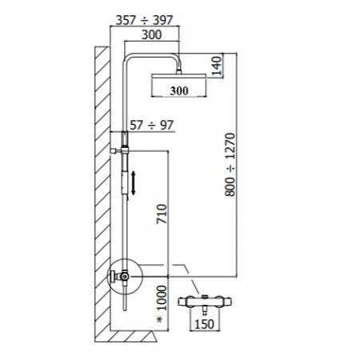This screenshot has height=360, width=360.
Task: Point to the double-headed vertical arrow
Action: point(134,182)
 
